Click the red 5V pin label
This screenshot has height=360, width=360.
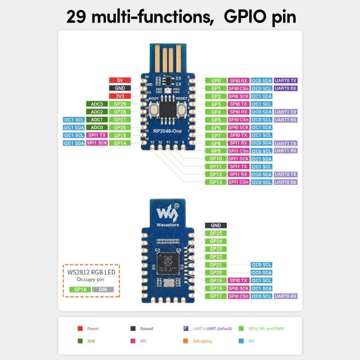point(120,81)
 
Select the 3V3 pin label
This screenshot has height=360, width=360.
point(120,96)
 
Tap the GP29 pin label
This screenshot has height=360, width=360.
point(120,104)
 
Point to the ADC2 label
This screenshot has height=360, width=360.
point(97,112)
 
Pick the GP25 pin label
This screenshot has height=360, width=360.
point(216,233)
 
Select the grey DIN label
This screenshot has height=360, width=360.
point(103,289)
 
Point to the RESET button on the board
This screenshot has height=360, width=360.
point(182,108)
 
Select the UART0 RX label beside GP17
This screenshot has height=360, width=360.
point(286,296)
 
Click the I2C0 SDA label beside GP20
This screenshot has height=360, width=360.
point(261,273)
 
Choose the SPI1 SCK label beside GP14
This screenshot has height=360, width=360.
point(97,143)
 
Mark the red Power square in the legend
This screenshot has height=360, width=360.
point(80,328)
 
